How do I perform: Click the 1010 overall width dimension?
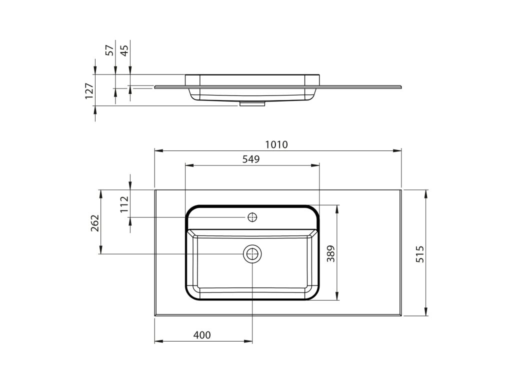coord(276,144)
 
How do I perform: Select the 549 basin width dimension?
coord(251,159)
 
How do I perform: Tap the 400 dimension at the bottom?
coord(202,335)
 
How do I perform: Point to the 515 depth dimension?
coord(420,253)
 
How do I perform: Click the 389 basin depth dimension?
coord(331,253)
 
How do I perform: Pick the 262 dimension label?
coord(95,223)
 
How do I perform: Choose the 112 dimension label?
coord(124,204)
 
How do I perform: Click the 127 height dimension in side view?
coord(89,91)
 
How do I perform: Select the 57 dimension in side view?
coord(110,50)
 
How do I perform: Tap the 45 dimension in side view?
coord(124,50)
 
